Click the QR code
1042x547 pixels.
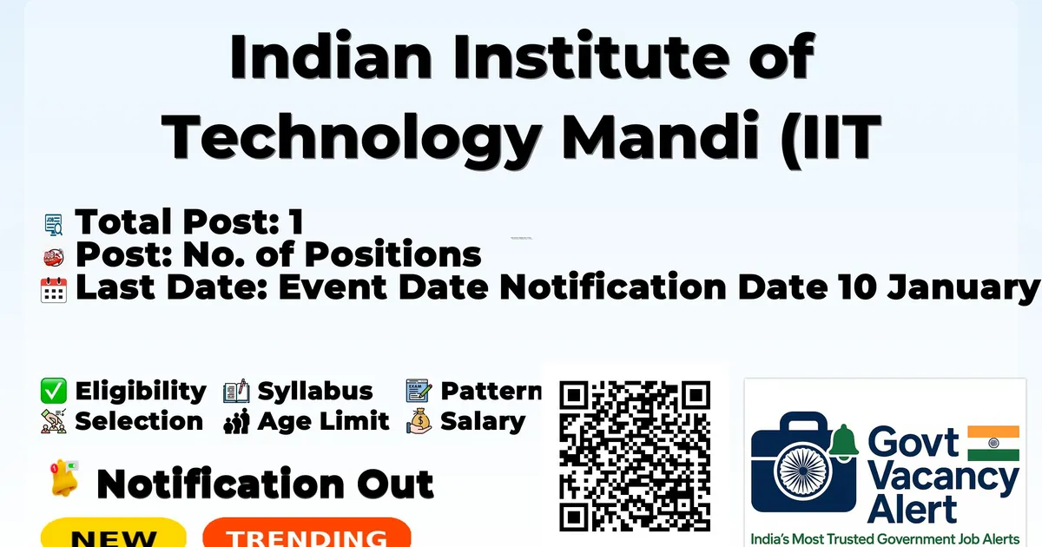[635, 456]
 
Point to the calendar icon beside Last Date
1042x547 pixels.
[54, 289]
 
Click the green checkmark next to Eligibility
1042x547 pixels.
[54, 392]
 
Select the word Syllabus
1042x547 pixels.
[315, 392]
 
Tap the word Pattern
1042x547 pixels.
[491, 392]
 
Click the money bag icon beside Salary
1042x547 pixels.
[419, 422]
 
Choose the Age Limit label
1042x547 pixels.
[323, 422]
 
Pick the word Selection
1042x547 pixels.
[139, 422]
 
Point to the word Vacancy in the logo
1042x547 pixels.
[942, 478]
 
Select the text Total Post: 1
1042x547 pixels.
[188, 222]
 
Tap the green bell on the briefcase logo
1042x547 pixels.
[843, 442]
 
